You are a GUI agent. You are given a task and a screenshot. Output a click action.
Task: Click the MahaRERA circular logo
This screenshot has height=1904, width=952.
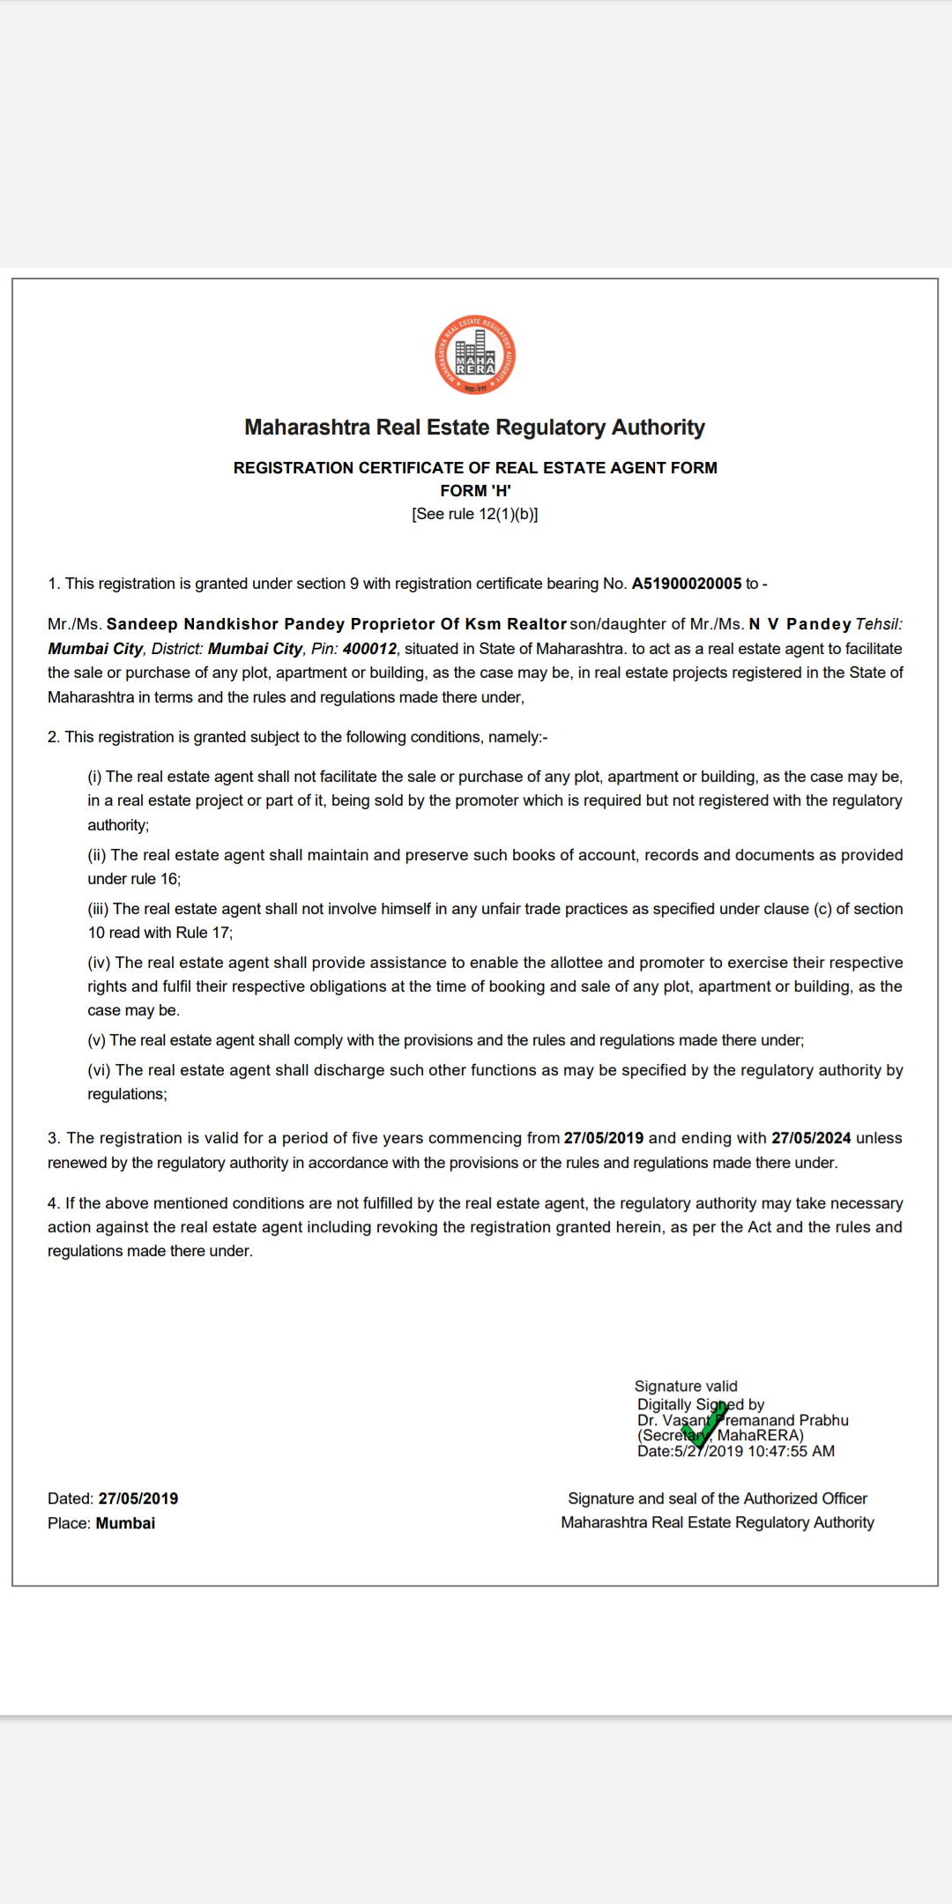[x=475, y=355]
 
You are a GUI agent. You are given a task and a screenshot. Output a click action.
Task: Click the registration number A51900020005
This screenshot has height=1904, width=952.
[x=686, y=584]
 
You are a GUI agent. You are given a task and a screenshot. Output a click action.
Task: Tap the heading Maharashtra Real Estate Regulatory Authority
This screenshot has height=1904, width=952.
[x=475, y=428]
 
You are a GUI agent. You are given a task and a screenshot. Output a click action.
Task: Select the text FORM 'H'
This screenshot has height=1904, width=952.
[x=475, y=491]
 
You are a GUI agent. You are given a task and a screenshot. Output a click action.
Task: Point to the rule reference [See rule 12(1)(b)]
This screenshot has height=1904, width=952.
[x=475, y=514]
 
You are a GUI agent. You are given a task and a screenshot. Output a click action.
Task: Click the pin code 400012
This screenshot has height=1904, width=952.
[x=369, y=649]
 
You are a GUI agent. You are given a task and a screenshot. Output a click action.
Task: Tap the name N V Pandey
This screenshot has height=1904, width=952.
[x=800, y=624]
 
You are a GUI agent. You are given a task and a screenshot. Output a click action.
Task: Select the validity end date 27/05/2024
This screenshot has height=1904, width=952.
[x=811, y=1138]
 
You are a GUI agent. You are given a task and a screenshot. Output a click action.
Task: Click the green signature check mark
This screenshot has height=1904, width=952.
[x=704, y=1423]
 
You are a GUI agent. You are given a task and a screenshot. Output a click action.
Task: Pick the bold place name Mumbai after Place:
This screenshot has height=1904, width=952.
[x=125, y=1523]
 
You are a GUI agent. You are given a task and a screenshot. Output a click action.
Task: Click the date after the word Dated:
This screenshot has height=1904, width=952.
[x=138, y=1499]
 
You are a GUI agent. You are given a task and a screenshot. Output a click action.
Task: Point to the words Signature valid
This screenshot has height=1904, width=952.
[x=686, y=1387]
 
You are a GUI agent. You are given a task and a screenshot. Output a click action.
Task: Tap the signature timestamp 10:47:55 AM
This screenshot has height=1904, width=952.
[x=791, y=1451]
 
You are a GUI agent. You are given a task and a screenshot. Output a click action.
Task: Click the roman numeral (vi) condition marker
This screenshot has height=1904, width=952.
[x=99, y=1070]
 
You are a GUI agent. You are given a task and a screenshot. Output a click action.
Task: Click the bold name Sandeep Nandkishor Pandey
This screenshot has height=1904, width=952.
[x=195, y=624]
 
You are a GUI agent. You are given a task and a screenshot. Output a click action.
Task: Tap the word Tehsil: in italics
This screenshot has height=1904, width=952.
[x=879, y=624]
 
